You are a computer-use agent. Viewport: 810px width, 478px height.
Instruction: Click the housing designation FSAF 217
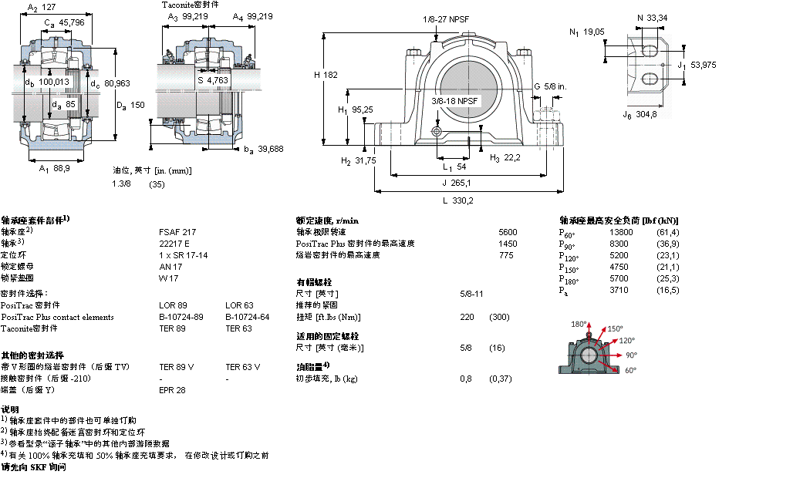pos(177,231)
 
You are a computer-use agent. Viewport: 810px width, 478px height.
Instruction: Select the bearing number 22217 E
pos(174,242)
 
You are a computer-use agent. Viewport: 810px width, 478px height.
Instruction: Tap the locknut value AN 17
pos(170,266)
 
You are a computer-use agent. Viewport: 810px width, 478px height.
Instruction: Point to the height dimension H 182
pos(326,75)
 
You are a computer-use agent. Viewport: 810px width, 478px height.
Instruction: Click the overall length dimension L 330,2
pos(457,200)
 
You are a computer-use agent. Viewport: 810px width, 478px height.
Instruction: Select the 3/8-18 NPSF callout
pos(455,100)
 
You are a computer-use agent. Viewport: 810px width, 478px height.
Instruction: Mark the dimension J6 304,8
pos(640,114)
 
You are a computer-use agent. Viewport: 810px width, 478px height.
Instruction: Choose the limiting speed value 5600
pos(508,231)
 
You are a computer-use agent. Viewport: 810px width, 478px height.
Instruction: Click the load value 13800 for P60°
pos(621,232)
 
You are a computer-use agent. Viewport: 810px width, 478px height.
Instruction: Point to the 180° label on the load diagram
pos(579,324)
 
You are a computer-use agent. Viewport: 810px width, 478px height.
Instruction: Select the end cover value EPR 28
pos(172,390)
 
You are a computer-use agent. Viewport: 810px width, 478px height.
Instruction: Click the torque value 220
pos(466,317)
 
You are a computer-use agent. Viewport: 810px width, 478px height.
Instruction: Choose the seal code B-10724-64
pos(247,317)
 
